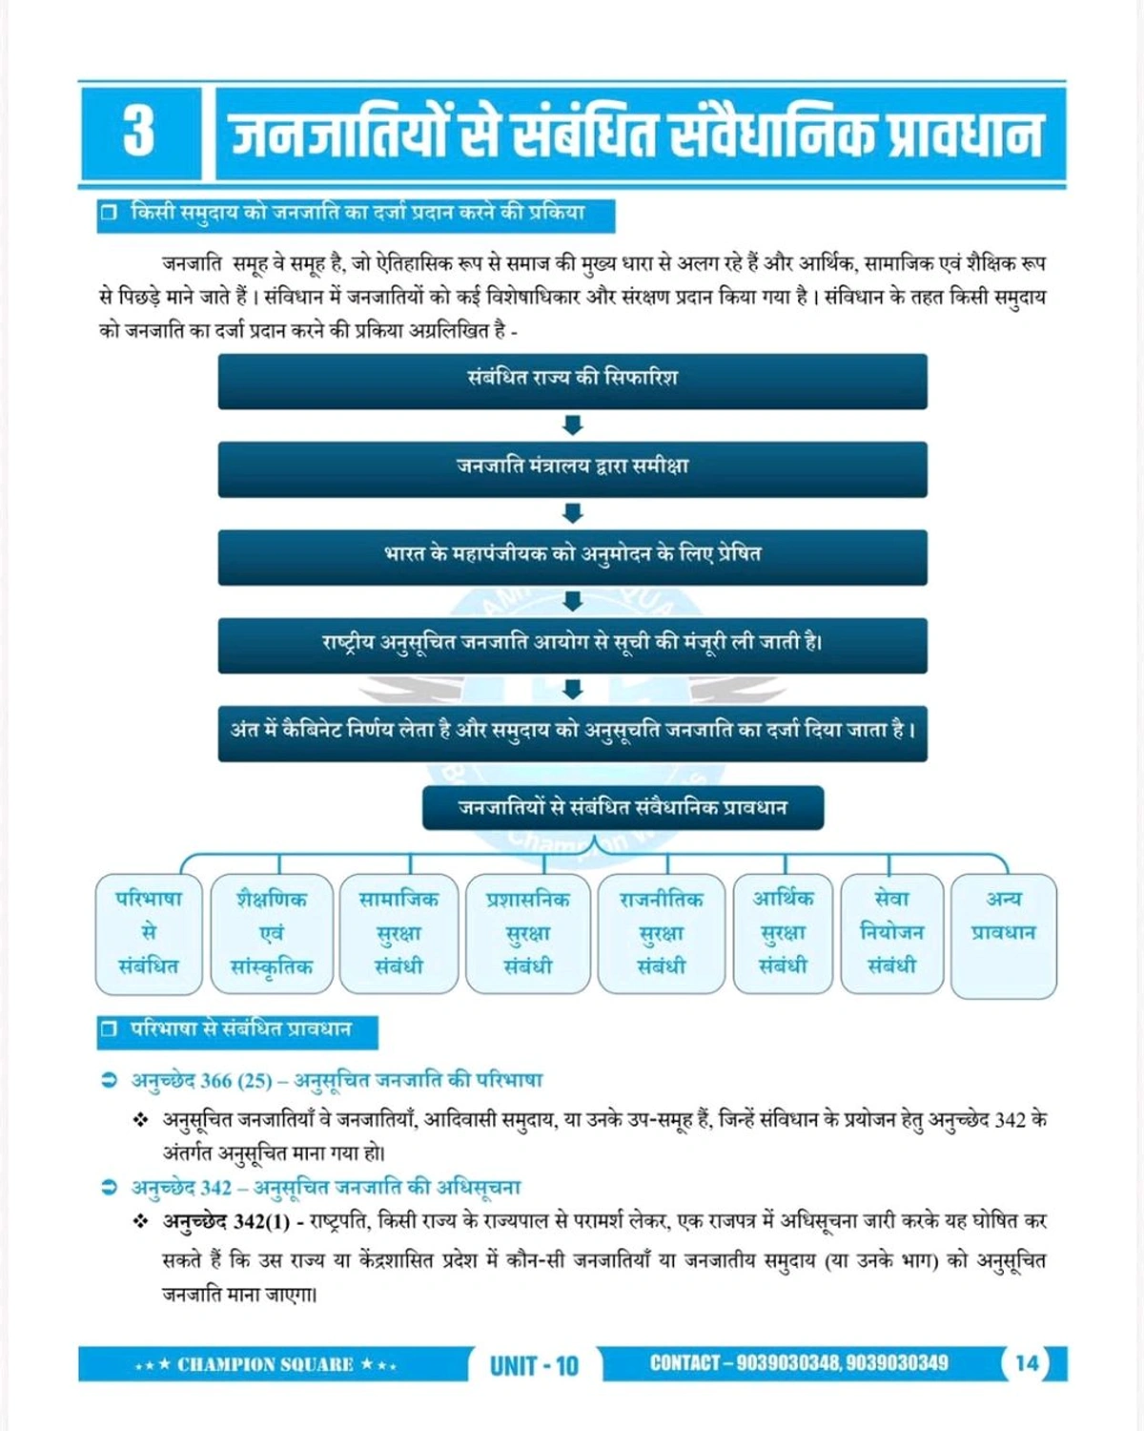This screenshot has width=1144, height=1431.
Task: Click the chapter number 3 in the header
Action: (139, 132)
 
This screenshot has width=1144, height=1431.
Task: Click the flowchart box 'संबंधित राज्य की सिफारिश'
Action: (572, 381)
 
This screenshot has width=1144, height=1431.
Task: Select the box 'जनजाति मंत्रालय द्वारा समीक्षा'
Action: (572, 468)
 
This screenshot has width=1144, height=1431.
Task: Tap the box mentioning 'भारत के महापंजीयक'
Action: (572, 556)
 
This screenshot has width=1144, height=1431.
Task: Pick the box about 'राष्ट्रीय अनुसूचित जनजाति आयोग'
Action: (572, 645)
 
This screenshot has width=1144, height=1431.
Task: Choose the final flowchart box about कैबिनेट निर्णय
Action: (572, 733)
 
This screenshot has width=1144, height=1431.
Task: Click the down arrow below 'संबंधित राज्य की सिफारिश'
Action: (572, 425)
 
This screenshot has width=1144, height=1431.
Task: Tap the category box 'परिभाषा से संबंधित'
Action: (149, 933)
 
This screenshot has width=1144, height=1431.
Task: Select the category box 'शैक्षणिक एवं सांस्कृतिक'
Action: (272, 933)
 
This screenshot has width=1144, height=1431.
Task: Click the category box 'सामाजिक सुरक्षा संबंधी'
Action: (398, 933)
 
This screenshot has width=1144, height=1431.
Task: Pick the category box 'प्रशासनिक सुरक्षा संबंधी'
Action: (527, 933)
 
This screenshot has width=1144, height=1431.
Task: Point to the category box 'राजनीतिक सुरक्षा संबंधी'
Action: (661, 933)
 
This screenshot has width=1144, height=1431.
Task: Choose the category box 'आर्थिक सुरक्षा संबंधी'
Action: (783, 933)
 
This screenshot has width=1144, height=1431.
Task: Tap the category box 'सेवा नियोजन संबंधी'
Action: (891, 933)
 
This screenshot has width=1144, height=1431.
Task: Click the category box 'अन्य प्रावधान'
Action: (1004, 933)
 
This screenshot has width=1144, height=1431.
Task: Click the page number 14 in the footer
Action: (1027, 1363)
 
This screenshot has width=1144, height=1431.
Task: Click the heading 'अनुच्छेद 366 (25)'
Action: (201, 1081)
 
